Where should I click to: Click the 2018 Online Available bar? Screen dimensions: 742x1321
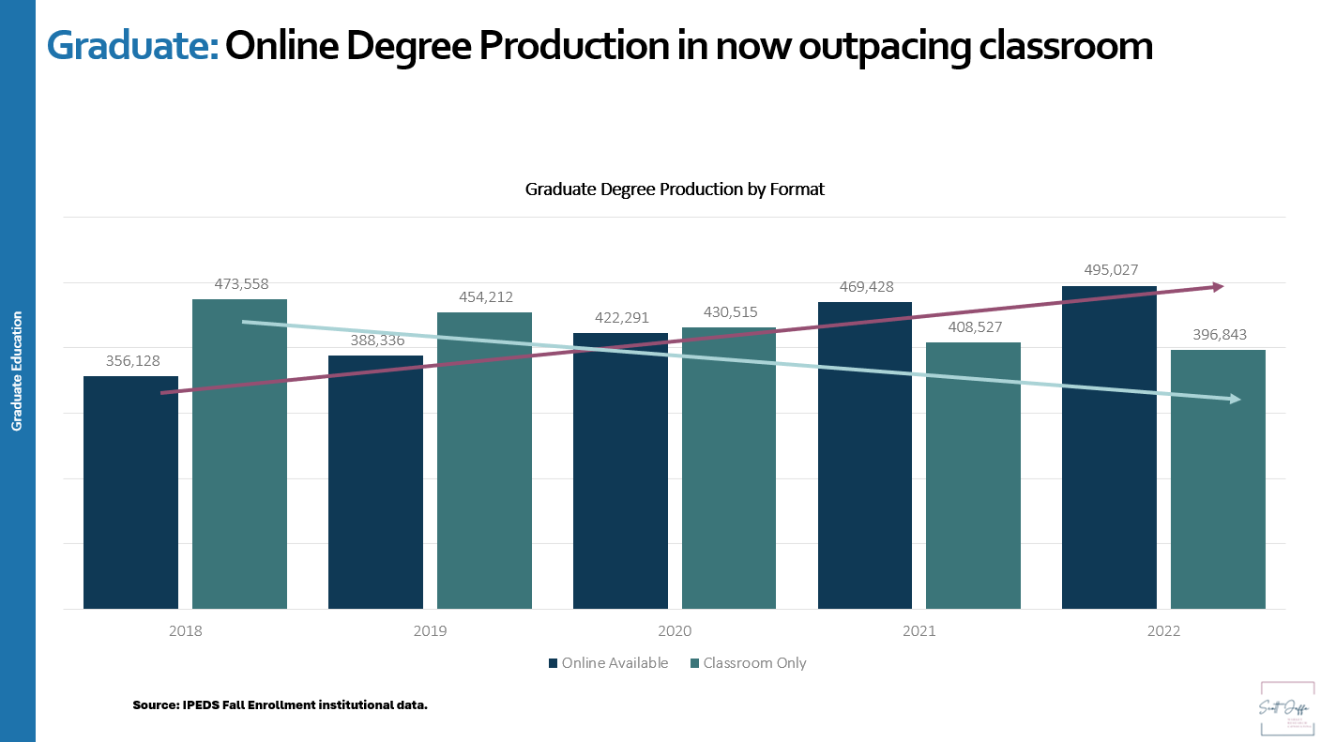(x=130, y=492)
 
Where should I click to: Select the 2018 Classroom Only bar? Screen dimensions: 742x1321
(x=239, y=454)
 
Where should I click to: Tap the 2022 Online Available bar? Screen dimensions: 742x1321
(x=1109, y=447)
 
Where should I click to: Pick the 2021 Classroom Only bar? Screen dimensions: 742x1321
(x=973, y=476)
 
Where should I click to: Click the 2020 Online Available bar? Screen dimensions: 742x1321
(x=620, y=471)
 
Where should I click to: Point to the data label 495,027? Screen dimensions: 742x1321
(x=1108, y=270)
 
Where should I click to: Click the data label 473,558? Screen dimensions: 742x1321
(x=238, y=283)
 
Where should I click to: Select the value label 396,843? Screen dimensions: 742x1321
(x=1217, y=334)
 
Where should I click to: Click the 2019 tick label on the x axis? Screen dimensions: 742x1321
(x=430, y=631)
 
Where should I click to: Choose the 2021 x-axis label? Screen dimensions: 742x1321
(x=919, y=631)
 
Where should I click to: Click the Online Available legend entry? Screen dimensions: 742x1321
(x=608, y=663)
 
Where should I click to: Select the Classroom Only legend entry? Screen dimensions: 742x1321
(x=748, y=663)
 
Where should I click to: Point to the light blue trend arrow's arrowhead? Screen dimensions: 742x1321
(x=1234, y=400)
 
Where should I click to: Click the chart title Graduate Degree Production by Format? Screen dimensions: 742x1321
(x=675, y=189)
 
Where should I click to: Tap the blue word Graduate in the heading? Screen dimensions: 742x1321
(x=132, y=45)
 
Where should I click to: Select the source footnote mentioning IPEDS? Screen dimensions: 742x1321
(x=280, y=704)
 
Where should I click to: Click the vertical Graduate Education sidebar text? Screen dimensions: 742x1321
(x=17, y=371)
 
